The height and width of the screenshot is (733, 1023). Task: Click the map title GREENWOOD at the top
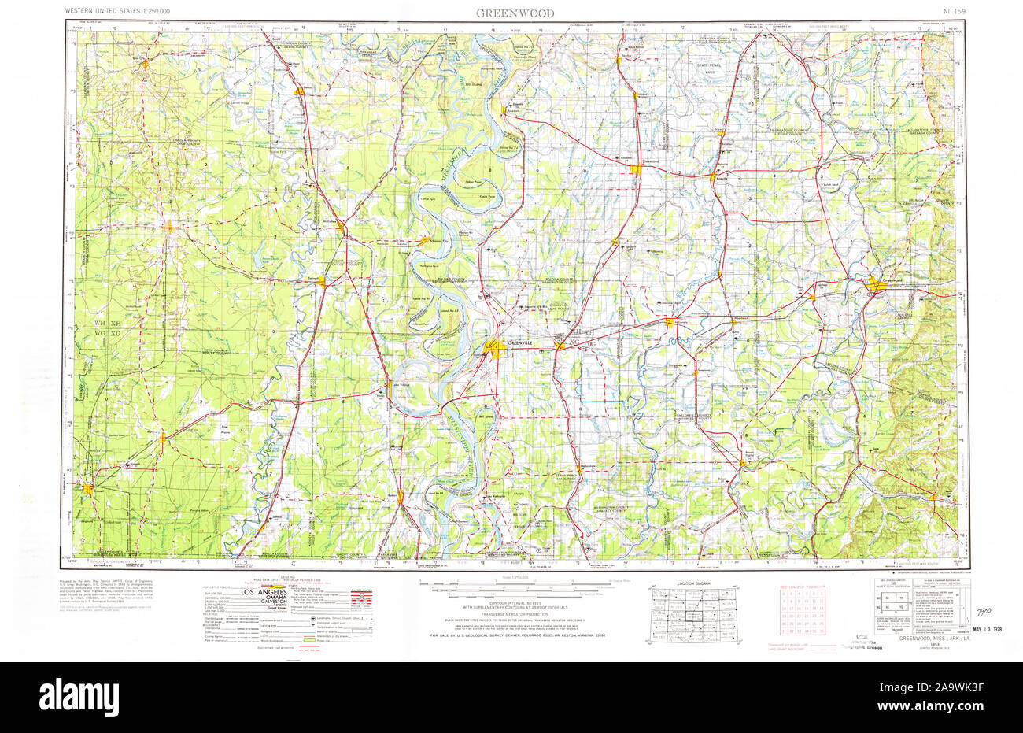[x=514, y=13]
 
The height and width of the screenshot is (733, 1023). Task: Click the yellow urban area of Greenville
[x=496, y=348]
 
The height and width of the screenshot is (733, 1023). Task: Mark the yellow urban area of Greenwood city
[x=876, y=287]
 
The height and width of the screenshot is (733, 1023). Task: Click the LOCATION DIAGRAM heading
[x=693, y=583]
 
